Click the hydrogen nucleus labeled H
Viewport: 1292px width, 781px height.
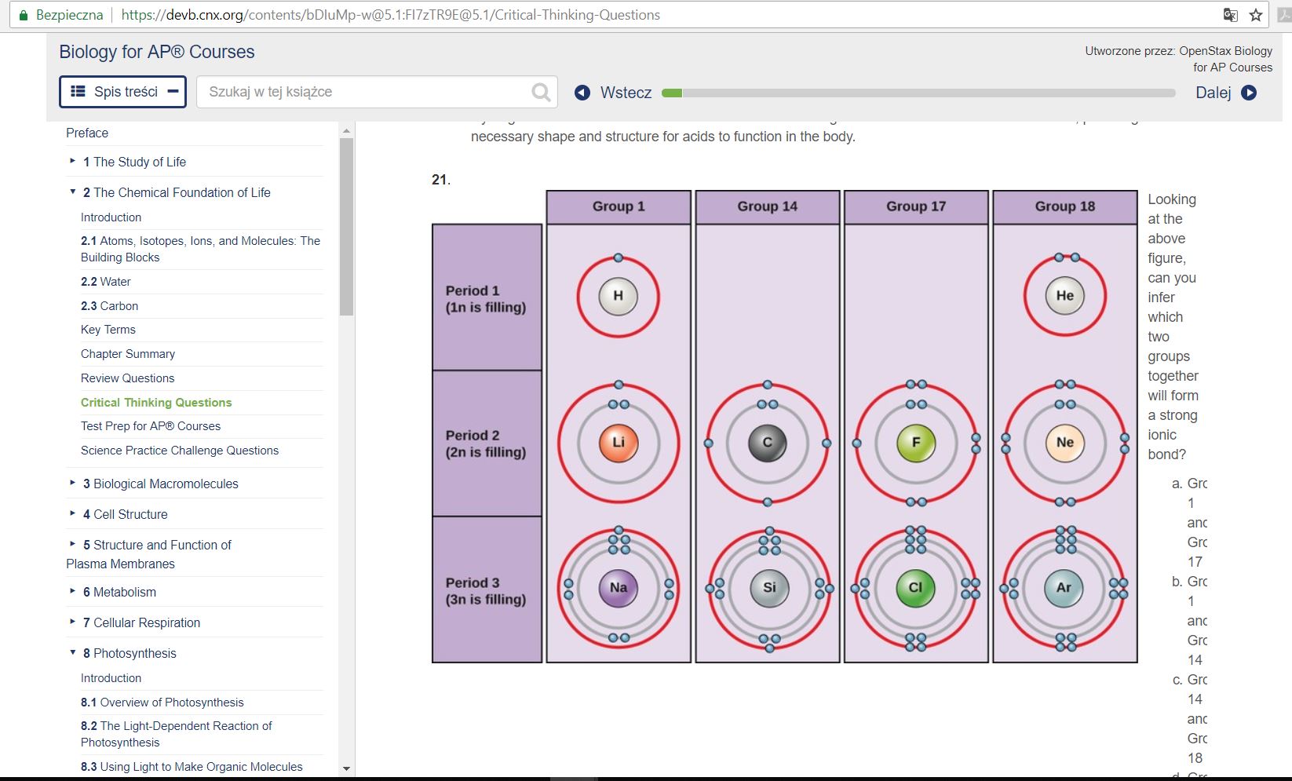pyautogui.click(x=618, y=297)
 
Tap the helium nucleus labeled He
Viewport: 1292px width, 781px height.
pyautogui.click(x=1064, y=296)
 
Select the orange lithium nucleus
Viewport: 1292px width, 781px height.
pyautogui.click(x=619, y=443)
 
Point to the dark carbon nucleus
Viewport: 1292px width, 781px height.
pyautogui.click(x=767, y=443)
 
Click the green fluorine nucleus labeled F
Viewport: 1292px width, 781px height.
pyautogui.click(x=915, y=443)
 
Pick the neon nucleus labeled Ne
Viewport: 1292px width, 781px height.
pyautogui.click(x=1064, y=443)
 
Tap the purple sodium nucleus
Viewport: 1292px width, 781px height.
pyautogui.click(x=619, y=588)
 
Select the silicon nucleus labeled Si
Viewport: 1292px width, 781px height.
pyautogui.click(x=768, y=588)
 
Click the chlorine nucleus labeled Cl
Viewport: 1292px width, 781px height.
pyautogui.click(x=915, y=588)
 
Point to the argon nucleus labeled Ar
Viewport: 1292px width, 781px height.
pyautogui.click(x=1064, y=588)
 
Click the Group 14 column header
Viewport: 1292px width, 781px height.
pyautogui.click(x=767, y=206)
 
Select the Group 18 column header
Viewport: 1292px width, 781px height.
pyautogui.click(x=1064, y=206)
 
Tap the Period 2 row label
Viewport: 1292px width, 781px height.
pyautogui.click(x=487, y=443)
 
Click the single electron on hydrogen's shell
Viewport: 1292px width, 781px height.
pyautogui.click(x=619, y=258)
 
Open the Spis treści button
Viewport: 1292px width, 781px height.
pyautogui.click(x=123, y=92)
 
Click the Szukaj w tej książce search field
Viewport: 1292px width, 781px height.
pyautogui.click(x=365, y=92)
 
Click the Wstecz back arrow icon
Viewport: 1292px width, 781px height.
pyautogui.click(x=582, y=93)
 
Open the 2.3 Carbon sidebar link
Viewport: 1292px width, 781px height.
pyautogui.click(x=109, y=306)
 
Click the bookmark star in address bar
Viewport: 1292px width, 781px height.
pyautogui.click(x=1256, y=15)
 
